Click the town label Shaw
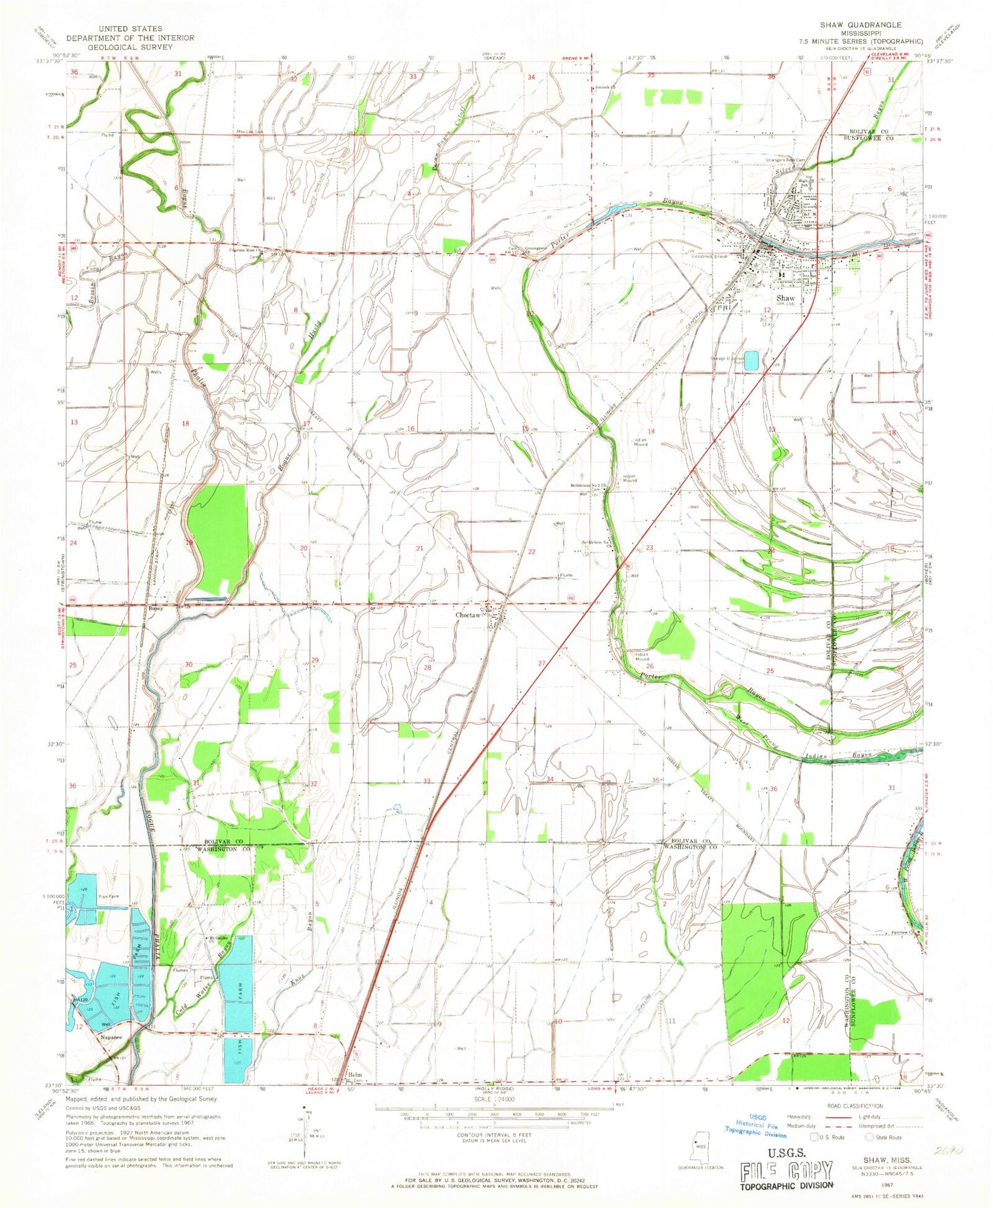click(x=785, y=298)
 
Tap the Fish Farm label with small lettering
click(x=110, y=894)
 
